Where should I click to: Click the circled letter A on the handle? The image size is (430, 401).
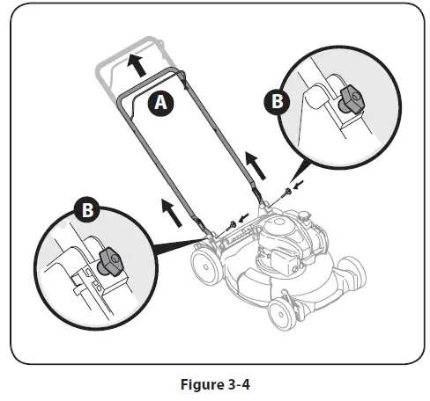(159, 103)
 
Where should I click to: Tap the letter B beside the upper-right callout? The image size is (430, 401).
(277, 101)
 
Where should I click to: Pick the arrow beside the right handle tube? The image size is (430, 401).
(255, 162)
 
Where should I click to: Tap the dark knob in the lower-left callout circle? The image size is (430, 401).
(110, 259)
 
